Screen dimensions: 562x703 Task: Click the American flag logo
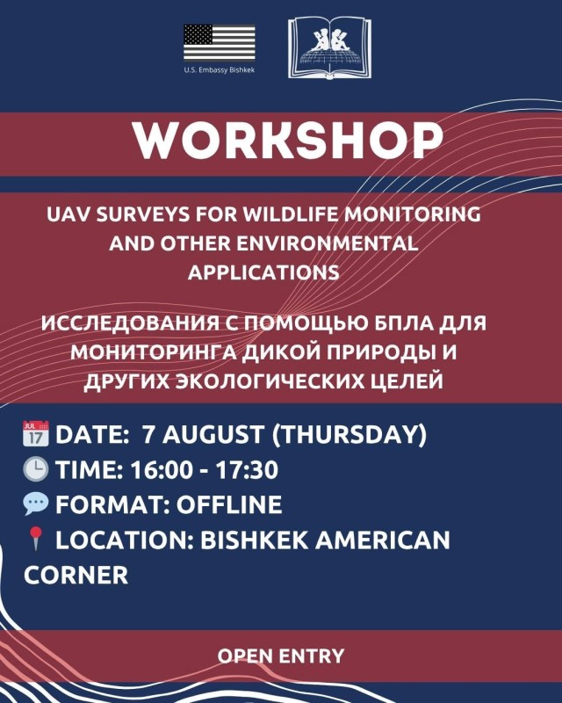point(220,42)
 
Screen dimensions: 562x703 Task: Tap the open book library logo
point(330,47)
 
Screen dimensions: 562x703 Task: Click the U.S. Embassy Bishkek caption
point(220,70)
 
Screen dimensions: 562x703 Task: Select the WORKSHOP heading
point(288,140)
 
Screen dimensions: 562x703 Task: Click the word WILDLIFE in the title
point(291,214)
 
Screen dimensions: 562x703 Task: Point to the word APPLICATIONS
point(263,272)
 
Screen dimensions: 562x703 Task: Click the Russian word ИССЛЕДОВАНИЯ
point(129,323)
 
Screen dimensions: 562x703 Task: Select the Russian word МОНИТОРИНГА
point(153,352)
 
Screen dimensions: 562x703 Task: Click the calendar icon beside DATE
point(36,433)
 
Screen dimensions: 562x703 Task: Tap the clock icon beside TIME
point(36,469)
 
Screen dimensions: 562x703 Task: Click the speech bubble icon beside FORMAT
point(36,504)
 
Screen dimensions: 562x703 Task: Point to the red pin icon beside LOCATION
point(35,539)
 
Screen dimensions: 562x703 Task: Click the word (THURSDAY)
point(349,435)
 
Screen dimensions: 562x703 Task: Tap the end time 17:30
point(247,470)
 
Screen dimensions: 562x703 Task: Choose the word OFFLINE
point(229,504)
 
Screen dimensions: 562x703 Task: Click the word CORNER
point(76,575)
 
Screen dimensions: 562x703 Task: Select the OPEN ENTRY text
point(281,656)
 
